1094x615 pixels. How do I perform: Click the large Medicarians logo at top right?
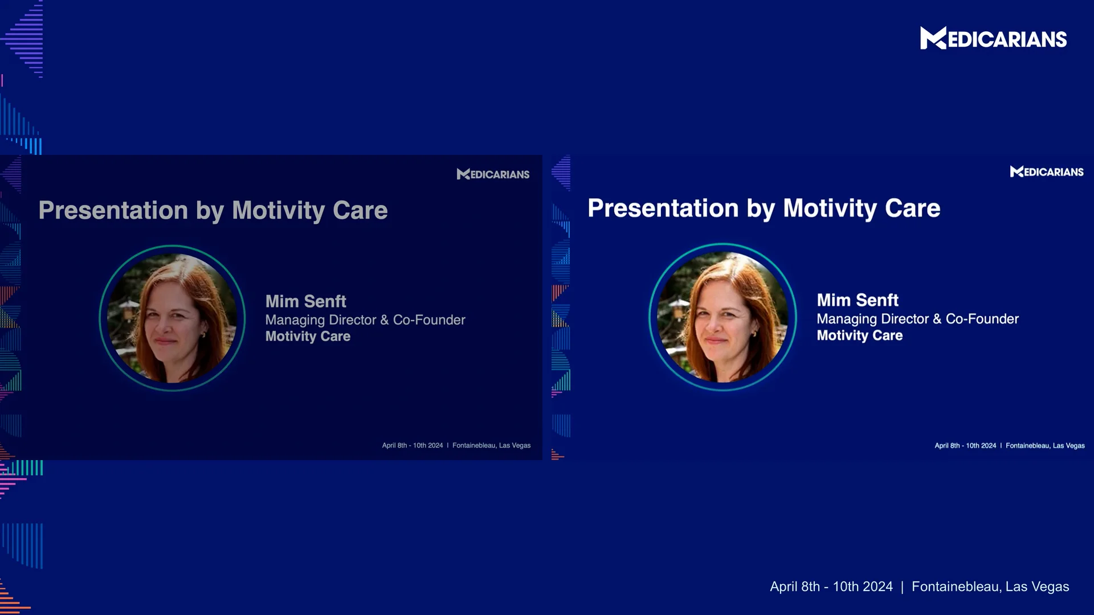(x=993, y=39)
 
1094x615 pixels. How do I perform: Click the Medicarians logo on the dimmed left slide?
(x=493, y=174)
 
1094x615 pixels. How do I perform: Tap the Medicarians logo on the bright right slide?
(x=1047, y=171)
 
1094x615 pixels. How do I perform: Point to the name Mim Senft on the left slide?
(x=305, y=301)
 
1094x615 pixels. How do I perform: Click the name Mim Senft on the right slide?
(x=858, y=300)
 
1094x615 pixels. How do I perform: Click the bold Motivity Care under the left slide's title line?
(x=308, y=337)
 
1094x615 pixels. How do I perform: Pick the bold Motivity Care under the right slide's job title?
(x=859, y=335)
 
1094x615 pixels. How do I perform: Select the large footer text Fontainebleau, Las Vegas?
(x=990, y=587)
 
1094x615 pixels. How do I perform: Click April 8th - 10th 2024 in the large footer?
(x=831, y=587)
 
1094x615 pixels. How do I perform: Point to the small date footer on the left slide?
(x=412, y=445)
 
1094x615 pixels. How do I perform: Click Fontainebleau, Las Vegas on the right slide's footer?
(x=1045, y=445)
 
